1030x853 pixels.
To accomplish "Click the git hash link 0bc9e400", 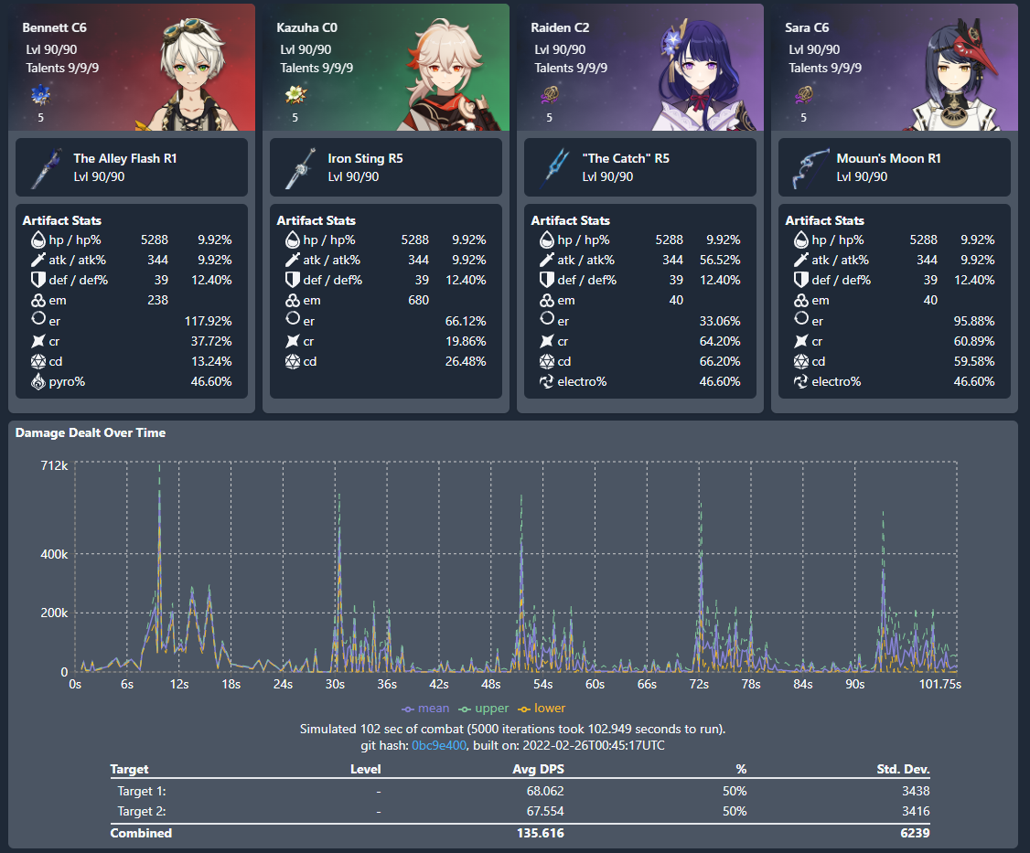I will click(x=439, y=745).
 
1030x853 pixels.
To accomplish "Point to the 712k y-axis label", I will click(x=53, y=466).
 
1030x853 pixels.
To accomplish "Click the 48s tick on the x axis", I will click(x=490, y=684).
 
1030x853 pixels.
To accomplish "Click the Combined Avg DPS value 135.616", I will click(x=538, y=833).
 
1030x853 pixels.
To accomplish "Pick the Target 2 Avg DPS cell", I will click(x=538, y=811).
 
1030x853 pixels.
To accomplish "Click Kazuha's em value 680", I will click(x=418, y=300).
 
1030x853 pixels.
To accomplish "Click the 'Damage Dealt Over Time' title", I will click(x=91, y=432).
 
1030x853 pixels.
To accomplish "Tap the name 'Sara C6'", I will click(x=810, y=28).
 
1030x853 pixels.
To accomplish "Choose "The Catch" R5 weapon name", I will click(x=626, y=158).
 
